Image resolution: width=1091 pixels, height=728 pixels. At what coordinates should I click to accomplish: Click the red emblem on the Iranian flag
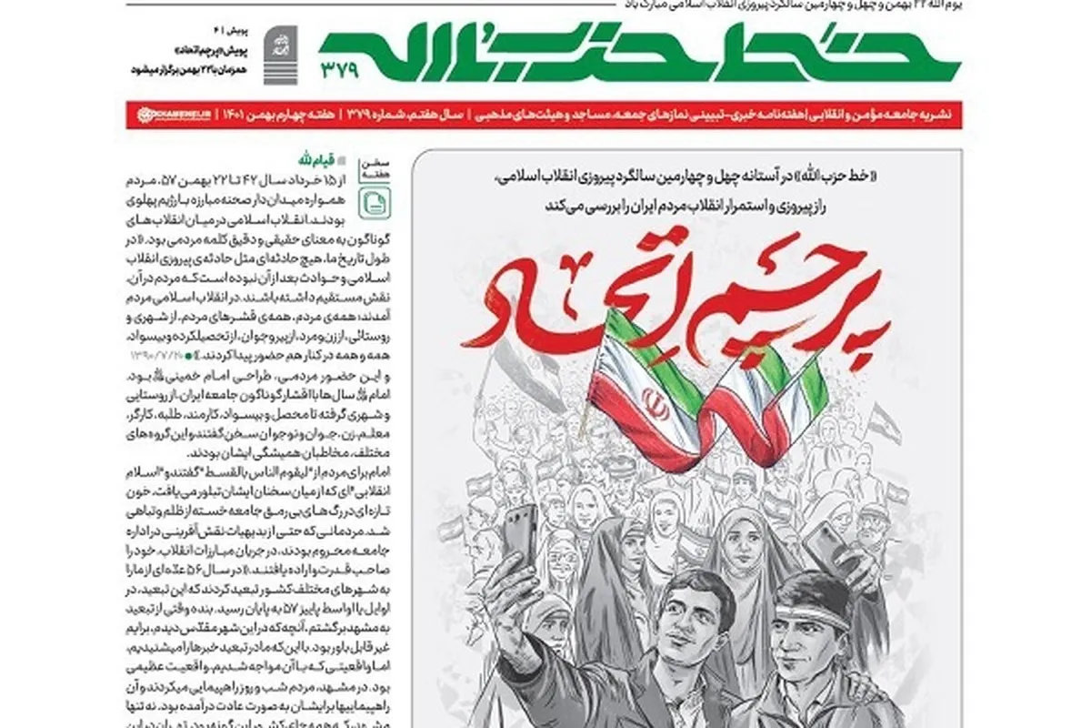click(x=657, y=405)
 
